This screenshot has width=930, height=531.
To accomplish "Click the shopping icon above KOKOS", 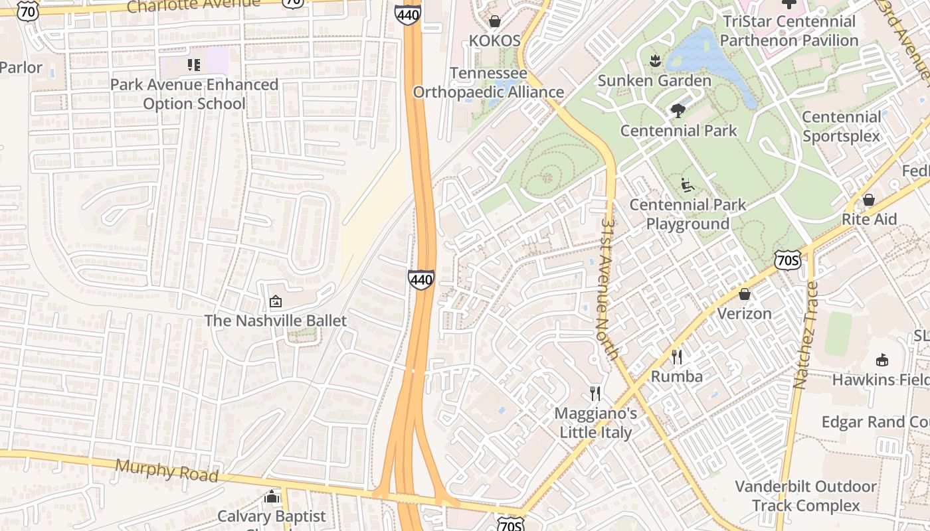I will point(494,21).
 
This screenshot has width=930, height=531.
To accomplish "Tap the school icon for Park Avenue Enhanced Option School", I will point(194,64).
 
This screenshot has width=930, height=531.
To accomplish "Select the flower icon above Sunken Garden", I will point(655,61).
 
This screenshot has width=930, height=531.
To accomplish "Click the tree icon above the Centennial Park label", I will point(678,111).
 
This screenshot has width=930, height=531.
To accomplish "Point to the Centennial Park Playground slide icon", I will point(688,185).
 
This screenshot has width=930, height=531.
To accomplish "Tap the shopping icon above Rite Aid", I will point(868,200).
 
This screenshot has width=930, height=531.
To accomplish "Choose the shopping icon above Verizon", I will point(745,294).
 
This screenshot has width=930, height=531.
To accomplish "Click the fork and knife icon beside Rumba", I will point(676,357).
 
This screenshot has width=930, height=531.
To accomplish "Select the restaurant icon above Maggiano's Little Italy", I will point(595,394).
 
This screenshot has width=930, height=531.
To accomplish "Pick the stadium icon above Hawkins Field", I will point(882,360).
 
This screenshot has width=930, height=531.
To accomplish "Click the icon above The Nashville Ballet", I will point(275,302).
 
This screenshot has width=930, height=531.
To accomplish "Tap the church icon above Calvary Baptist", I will point(271,497).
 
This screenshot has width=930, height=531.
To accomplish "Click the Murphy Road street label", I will point(166,471).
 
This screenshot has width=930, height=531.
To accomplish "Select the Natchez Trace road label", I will point(804,335).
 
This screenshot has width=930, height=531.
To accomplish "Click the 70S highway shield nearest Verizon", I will point(787,260).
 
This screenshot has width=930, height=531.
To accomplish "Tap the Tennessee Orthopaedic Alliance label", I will point(488,83).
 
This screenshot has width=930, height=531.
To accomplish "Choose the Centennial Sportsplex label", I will point(841,126).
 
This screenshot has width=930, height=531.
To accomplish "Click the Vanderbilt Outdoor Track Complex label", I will point(806,496).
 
